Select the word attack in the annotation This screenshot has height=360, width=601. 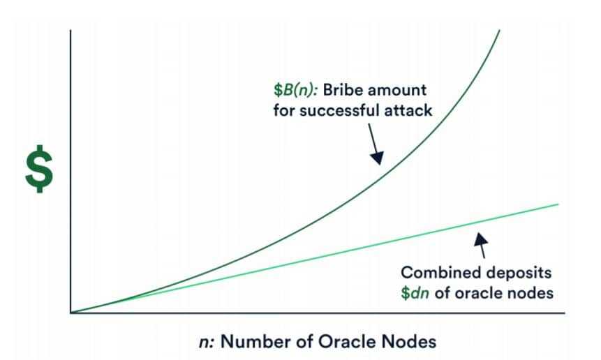click(x=409, y=110)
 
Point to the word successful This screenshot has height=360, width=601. click(x=341, y=110)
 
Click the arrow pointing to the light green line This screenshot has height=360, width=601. click(x=480, y=241)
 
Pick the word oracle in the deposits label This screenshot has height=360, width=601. click(x=477, y=292)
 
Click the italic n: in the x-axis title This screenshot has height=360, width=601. click(x=207, y=341)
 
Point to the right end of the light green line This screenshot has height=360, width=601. click(x=558, y=204)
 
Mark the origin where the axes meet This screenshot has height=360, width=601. click(x=71, y=313)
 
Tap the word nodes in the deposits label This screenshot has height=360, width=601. click(x=530, y=292)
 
